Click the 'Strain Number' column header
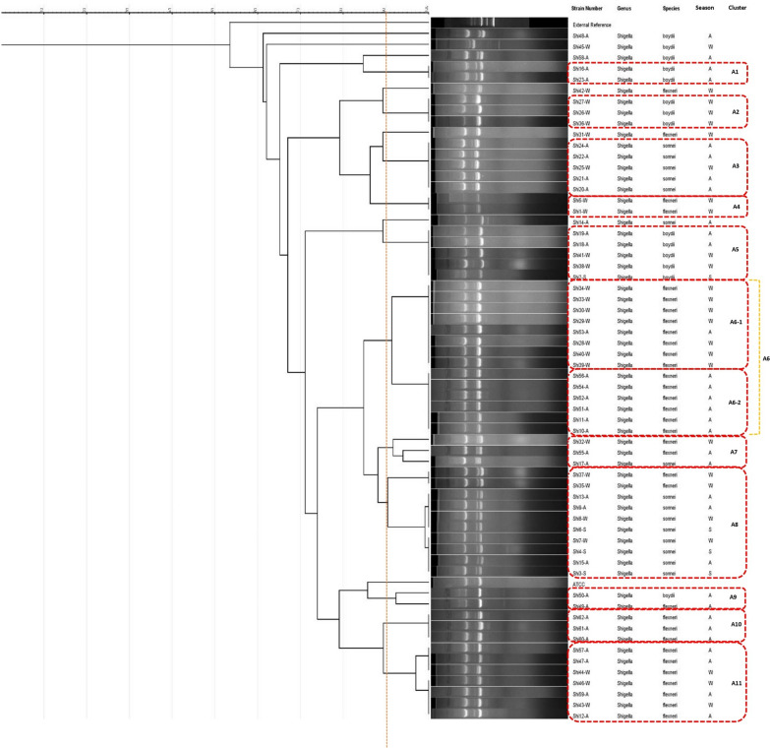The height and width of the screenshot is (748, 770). (588, 7)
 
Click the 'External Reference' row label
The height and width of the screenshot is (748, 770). (593, 25)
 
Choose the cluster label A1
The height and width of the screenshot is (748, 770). (735, 73)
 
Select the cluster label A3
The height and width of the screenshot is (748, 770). (735, 165)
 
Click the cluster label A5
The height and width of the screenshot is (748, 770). (735, 250)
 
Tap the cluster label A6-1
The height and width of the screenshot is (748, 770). (735, 321)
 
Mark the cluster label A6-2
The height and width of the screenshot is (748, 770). (735, 403)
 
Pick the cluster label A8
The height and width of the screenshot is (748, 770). (735, 525)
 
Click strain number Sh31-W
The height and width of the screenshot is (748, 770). (582, 135)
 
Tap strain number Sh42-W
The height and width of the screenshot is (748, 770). (582, 91)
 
